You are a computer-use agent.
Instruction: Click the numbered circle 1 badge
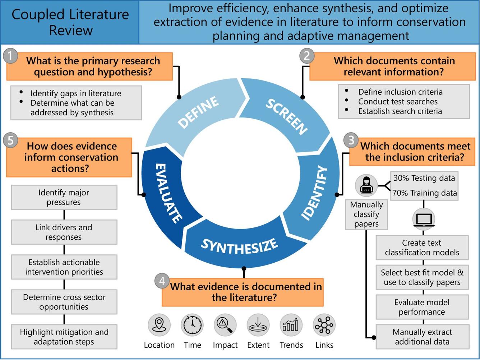[x=10, y=56]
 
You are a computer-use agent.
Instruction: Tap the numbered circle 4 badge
[x=162, y=281]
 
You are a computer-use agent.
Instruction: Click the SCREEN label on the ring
[x=286, y=116]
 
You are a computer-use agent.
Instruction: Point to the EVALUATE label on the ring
[x=168, y=193]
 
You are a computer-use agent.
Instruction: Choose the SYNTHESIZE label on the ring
[x=239, y=246]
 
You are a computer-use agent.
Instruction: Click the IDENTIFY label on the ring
[x=314, y=193]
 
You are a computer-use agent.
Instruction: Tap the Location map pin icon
[x=159, y=325]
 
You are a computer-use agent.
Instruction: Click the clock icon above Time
[x=192, y=325]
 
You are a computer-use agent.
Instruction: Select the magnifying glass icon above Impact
[x=225, y=325]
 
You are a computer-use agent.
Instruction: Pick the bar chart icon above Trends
[x=291, y=325]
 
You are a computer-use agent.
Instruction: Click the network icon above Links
[x=324, y=325]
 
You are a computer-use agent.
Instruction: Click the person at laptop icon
[x=366, y=185]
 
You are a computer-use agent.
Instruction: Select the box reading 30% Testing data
[x=424, y=178]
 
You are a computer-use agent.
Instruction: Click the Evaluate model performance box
[x=422, y=307]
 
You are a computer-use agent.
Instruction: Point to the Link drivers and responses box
[x=64, y=232]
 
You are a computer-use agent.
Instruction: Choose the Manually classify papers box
[x=366, y=214]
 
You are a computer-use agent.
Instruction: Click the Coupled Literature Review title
[x=70, y=22]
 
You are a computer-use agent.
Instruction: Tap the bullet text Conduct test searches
[x=398, y=102]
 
